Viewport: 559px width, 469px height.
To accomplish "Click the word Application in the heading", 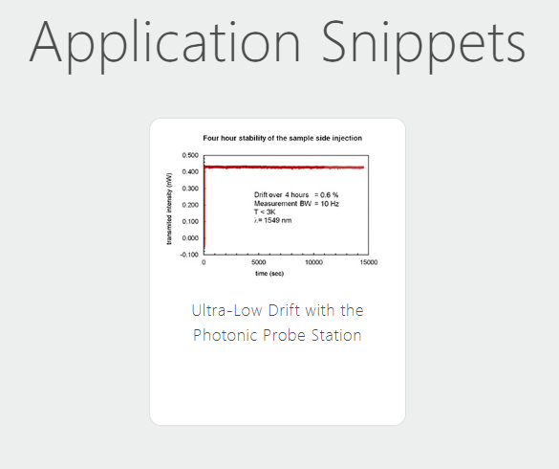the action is [x=164, y=45].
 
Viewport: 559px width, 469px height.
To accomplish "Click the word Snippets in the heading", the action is [x=423, y=45].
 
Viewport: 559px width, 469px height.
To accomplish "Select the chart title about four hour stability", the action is [x=282, y=138].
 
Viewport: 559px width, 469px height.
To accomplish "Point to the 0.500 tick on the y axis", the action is [x=190, y=155].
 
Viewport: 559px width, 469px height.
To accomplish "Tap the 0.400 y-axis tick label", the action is [x=190, y=172].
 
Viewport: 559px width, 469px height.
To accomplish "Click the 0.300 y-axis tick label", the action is [x=190, y=189].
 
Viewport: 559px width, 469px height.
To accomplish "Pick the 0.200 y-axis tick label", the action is [x=190, y=205].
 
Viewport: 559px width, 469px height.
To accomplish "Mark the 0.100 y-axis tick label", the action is [x=190, y=221].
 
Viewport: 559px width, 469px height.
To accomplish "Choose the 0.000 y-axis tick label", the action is [x=190, y=238].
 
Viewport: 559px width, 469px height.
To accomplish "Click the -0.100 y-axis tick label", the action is [x=189, y=255].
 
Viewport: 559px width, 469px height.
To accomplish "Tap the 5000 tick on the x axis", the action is [x=258, y=262].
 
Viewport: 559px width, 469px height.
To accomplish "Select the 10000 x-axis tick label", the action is [x=313, y=262].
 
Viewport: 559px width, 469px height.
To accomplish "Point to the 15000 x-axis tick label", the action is [x=369, y=262].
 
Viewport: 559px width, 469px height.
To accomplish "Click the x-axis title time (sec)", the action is [x=269, y=274].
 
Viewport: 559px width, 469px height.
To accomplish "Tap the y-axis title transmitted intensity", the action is [x=169, y=209].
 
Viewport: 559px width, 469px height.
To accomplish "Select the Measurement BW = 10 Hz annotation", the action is [x=296, y=204].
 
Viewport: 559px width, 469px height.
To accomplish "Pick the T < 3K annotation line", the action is [x=265, y=212].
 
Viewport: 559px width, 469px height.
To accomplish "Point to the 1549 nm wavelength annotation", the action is [x=272, y=220].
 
